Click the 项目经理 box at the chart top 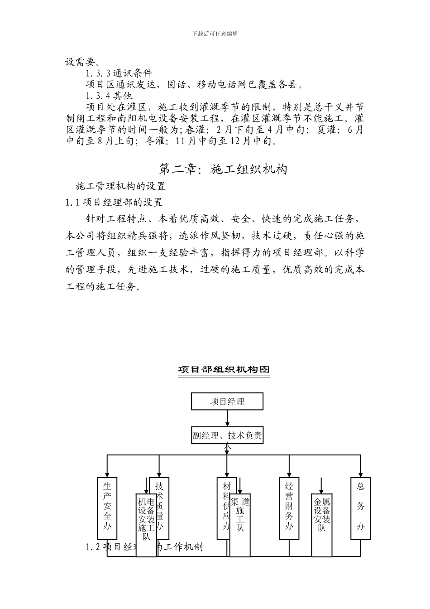[227, 401]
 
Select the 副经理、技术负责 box [227, 436]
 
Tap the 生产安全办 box [107, 507]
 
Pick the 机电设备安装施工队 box [146, 521]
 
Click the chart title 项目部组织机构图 [224, 370]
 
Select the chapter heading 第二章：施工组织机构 [224, 169]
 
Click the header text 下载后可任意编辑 [215, 34]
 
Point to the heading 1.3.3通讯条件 [119, 72]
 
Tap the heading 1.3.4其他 [109, 96]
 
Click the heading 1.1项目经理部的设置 [114, 203]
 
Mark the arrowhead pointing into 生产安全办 [107, 474]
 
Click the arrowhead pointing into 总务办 [361, 474]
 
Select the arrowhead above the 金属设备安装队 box [321, 491]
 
